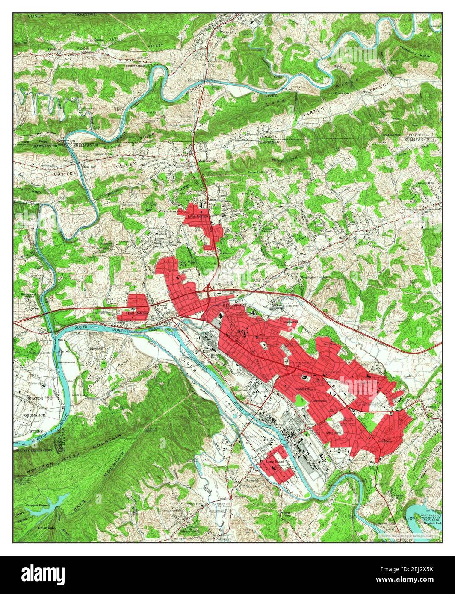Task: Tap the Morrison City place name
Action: click(208, 161)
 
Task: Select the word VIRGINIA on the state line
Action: click(268, 137)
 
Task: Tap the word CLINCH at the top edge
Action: click(36, 15)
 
